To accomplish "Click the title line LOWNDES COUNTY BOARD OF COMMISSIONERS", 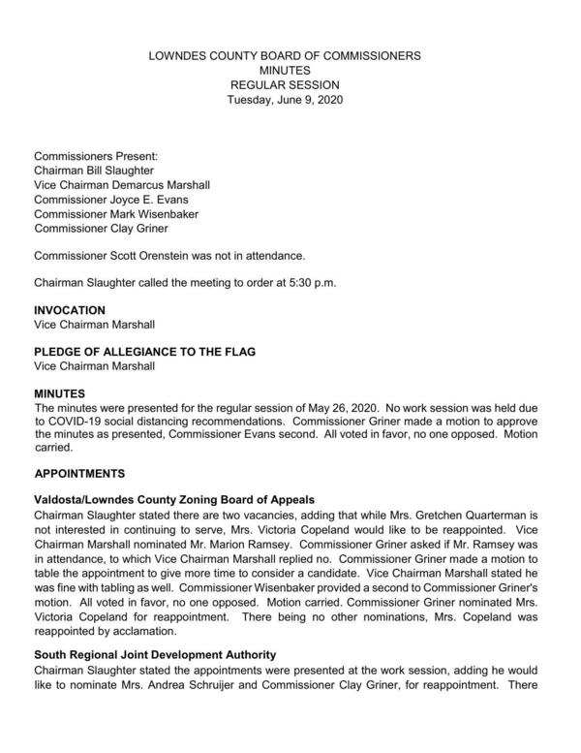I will (x=284, y=56).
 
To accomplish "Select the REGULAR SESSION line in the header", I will (x=284, y=84).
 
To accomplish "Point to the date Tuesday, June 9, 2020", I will (x=284, y=99).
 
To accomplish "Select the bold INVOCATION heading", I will (x=70, y=310).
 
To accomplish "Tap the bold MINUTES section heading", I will (x=60, y=395).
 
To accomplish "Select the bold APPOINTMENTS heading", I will (x=92, y=475).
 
